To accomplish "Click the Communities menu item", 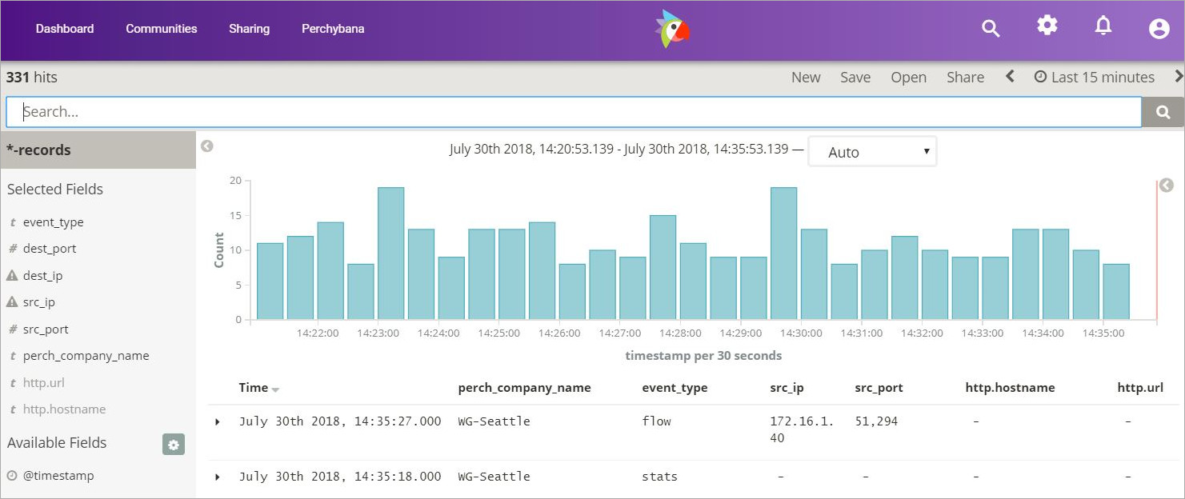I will pos(161,29).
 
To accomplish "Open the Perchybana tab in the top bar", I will pos(333,29).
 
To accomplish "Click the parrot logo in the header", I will pos(672,29).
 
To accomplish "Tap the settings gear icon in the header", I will pos(1047,26).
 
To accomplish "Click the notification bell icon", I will pos(1103,26).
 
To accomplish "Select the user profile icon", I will pos(1159,29).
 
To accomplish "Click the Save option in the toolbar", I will pos(855,78).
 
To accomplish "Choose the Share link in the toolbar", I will pos(965,78).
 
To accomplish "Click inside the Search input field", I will pos(573,112).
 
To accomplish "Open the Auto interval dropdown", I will pos(871,152).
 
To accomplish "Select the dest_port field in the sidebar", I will pos(50,249).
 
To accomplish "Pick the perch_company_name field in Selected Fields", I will pos(86,356).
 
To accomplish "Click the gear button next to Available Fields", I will pos(174,445).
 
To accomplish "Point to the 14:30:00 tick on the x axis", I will pos(802,333).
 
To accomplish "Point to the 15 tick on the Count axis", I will pos(235,215).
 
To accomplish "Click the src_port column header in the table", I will pos(879,388).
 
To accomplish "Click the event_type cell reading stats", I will pos(659,477).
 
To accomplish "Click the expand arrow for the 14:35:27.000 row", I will pos(218,421).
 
